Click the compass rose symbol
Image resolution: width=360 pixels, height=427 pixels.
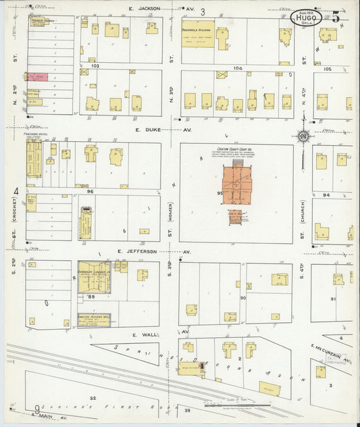coord(304,137)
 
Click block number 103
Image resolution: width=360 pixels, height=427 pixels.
coord(95,66)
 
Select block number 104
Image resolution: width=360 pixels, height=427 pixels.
coord(236,68)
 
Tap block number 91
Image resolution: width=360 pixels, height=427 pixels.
coord(333,298)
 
